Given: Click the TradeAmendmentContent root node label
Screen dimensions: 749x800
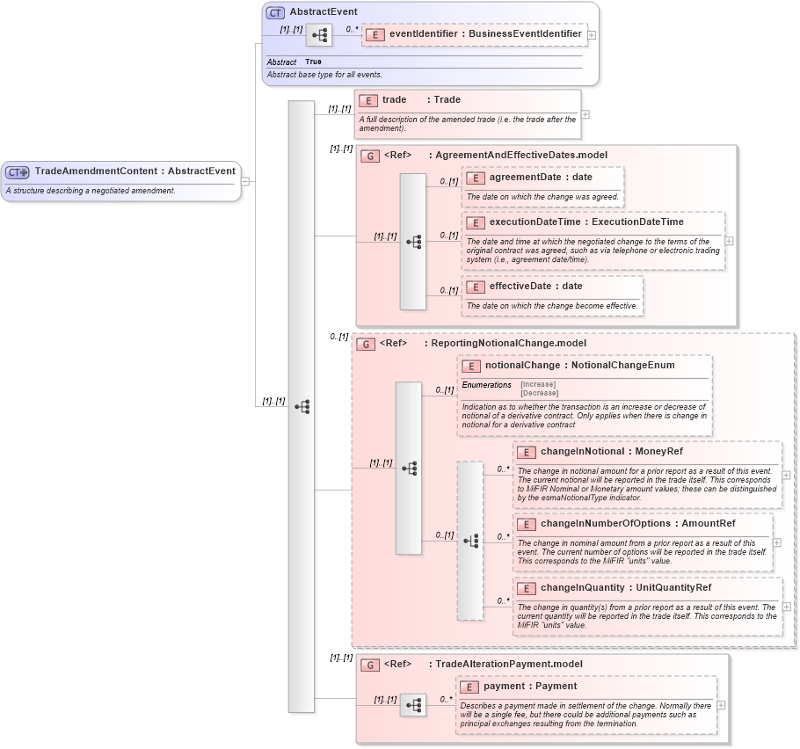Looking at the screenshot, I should pyautogui.click(x=135, y=171).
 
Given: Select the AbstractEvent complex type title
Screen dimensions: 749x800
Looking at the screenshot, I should pyautogui.click(x=323, y=12).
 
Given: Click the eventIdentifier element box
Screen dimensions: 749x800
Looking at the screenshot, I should pyautogui.click(x=484, y=34).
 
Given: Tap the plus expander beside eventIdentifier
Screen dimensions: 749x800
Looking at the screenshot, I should pyautogui.click(x=592, y=35).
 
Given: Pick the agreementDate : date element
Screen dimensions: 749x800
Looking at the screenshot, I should pyautogui.click(x=541, y=178).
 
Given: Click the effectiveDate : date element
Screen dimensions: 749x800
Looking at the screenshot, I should pyautogui.click(x=535, y=287).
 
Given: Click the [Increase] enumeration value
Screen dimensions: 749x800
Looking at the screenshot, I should pyautogui.click(x=538, y=384).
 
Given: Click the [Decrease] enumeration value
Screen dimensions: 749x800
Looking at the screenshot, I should pyautogui.click(x=539, y=393).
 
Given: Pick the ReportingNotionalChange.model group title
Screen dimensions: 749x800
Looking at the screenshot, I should pyautogui.click(x=505, y=344).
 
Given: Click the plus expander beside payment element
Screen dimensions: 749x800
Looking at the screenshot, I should pyautogui.click(x=721, y=705).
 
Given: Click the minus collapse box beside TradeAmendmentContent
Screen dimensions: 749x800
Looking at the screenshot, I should pyautogui.click(x=245, y=181).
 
